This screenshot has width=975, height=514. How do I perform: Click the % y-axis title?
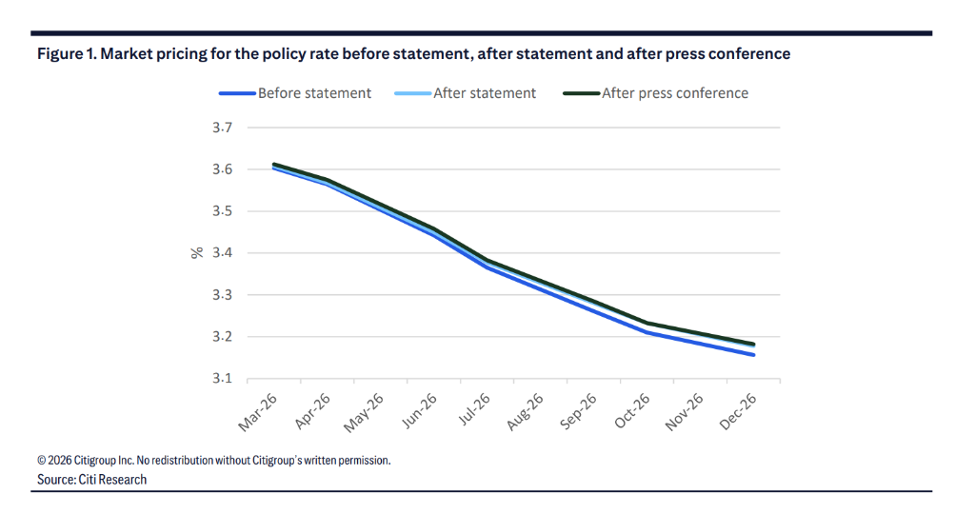197,253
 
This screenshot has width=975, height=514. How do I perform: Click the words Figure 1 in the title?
67,54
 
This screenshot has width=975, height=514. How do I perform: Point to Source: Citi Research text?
92,480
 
